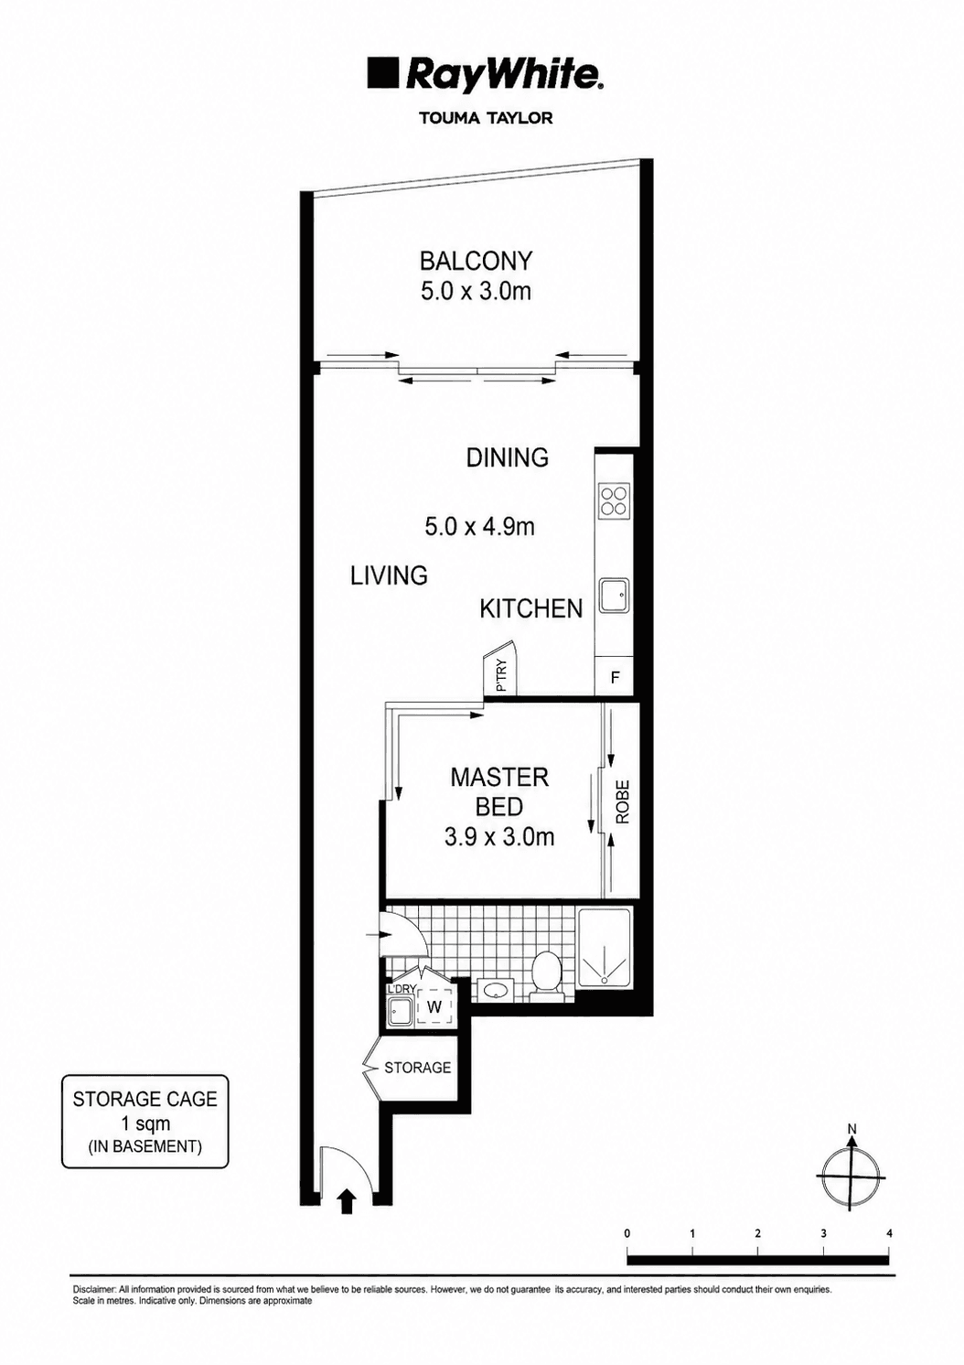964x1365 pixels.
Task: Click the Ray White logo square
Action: [382, 74]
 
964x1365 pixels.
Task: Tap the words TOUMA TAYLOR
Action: [486, 118]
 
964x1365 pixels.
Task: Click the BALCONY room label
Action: [476, 261]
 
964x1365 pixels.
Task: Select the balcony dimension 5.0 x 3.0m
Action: [476, 291]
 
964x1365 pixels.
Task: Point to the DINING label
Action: [507, 457]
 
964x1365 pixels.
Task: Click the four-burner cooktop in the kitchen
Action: [615, 501]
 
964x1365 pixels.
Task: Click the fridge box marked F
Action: [615, 676]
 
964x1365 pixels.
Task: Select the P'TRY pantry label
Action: [502, 676]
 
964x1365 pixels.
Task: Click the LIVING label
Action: [389, 575]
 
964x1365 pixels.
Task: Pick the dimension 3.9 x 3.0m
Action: [499, 837]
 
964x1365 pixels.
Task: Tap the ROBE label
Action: [622, 802]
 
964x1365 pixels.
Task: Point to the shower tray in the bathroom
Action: [605, 948]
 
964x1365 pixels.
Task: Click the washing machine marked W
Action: [434, 1007]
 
